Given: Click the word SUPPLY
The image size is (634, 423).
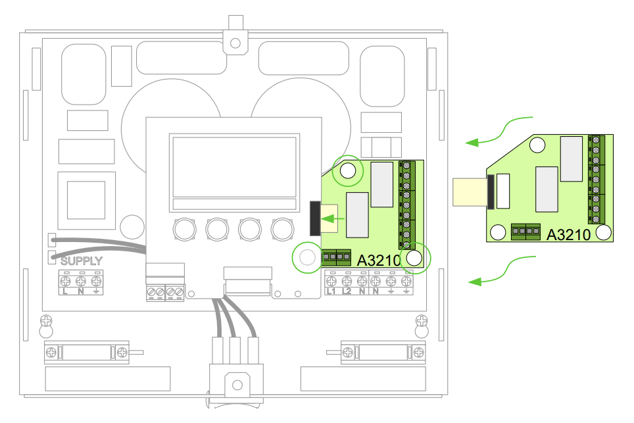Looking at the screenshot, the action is point(82,261).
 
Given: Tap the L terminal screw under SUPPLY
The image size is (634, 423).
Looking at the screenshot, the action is point(65,281).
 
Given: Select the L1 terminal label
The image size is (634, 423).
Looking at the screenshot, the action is point(331,291).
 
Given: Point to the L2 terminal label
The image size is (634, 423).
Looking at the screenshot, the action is point(347,291).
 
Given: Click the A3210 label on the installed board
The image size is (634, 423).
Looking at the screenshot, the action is point(379,261).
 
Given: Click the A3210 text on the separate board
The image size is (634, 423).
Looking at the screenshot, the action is point(568,235).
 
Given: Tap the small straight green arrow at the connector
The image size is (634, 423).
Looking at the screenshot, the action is point(332,219).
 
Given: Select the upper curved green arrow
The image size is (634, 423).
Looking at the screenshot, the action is point(499,131).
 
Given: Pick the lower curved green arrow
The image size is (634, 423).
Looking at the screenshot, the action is point(502,270).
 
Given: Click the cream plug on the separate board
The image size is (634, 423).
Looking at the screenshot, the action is point(470,192).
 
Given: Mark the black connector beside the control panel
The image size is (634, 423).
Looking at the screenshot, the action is point(315,218).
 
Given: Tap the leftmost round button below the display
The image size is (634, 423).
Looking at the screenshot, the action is point(185,230).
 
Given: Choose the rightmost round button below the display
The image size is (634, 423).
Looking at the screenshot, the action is point(282,230).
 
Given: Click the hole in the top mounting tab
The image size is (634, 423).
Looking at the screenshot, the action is point(235,43).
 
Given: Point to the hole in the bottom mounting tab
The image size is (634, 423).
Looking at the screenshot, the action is point(237,385).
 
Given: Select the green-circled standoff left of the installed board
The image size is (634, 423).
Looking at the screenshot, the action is point(307,257).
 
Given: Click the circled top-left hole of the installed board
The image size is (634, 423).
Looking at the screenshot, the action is point(348,170).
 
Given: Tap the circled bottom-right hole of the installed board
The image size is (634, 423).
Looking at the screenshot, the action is point(414,258).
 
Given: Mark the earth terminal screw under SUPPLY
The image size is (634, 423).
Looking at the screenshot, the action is point(96,281).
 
